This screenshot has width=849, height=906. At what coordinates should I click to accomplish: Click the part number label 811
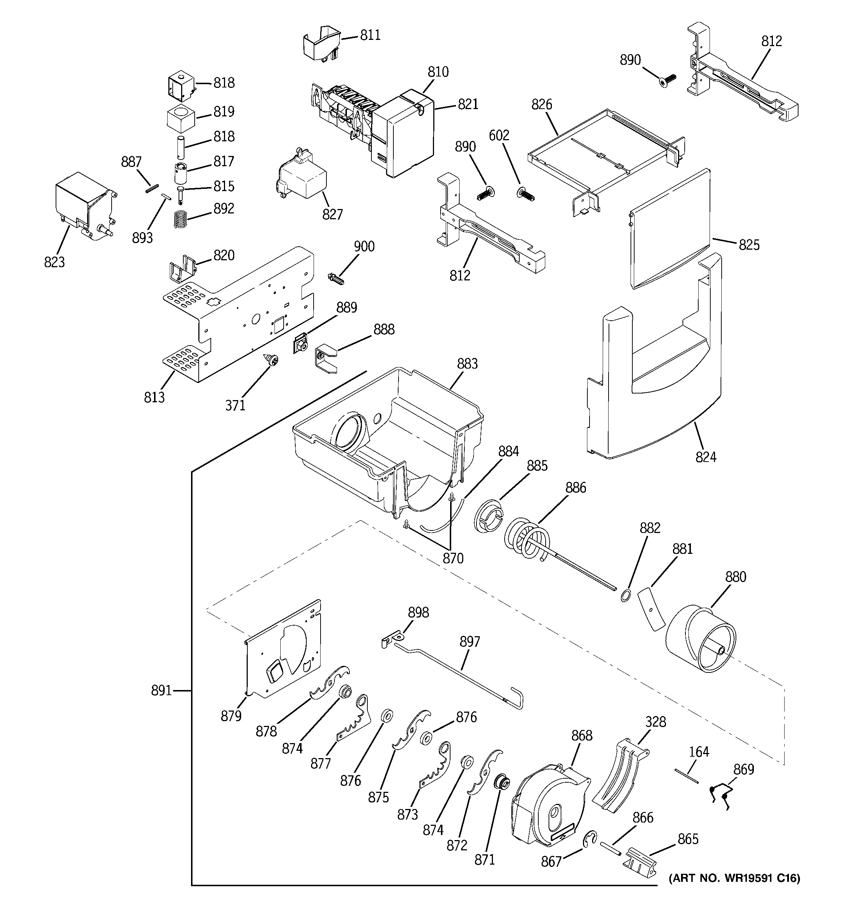tap(370, 35)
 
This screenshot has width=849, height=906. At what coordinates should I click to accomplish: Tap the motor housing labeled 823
tap(82, 203)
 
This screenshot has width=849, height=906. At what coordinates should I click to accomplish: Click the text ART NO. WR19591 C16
tap(734, 878)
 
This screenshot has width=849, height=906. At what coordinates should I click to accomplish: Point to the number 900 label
tap(364, 247)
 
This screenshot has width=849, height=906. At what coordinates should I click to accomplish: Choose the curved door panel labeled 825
tap(670, 228)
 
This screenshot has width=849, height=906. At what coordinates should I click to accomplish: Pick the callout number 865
tap(688, 839)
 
